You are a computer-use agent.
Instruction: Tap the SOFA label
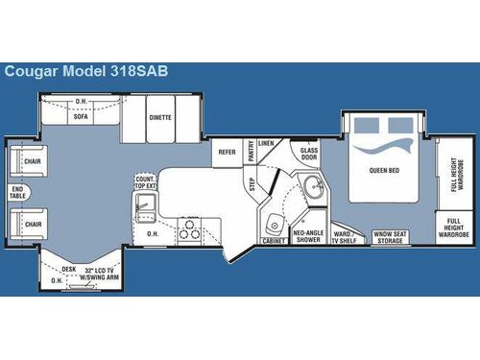coord(82,120)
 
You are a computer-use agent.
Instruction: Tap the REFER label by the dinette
coord(227,151)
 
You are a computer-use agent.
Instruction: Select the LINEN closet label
coord(266,143)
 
